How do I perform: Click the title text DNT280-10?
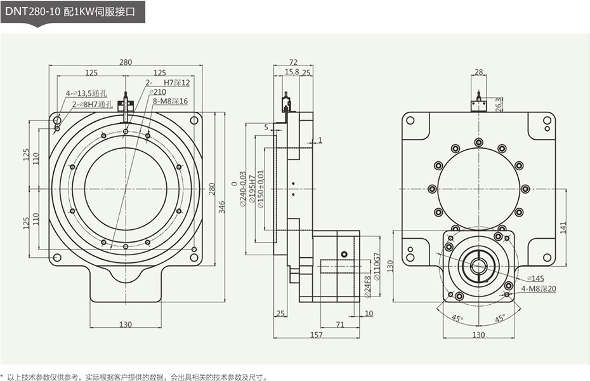tap(31, 11)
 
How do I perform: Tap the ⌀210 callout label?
tap(159, 92)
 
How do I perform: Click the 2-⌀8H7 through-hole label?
tap(91, 104)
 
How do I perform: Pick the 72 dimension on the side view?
tap(293, 62)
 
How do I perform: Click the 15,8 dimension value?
tap(292, 73)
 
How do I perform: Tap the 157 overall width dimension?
tap(316, 335)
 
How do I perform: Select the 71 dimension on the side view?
tap(340, 324)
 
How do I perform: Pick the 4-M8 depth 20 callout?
tap(539, 289)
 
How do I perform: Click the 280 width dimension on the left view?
tap(126, 62)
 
